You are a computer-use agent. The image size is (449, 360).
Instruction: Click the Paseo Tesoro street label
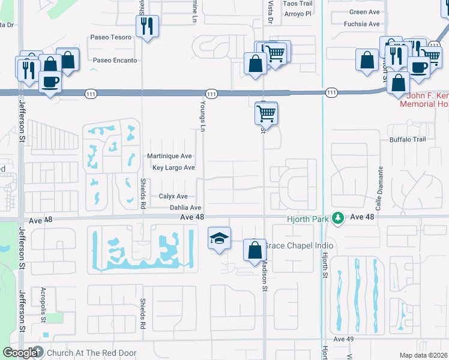point(110,37)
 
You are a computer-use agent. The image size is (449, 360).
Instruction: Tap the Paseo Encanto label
point(115,61)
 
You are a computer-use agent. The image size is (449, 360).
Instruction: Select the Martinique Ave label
point(169,156)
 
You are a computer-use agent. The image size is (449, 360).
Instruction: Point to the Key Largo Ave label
point(173,168)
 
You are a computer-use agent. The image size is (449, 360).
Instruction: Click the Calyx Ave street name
point(173,196)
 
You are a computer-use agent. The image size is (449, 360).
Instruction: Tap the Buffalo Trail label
point(407,139)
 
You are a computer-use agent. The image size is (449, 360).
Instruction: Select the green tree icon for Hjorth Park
point(339,217)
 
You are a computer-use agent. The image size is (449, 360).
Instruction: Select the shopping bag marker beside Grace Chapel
point(255,249)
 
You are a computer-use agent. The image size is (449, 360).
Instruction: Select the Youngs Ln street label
point(203,115)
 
